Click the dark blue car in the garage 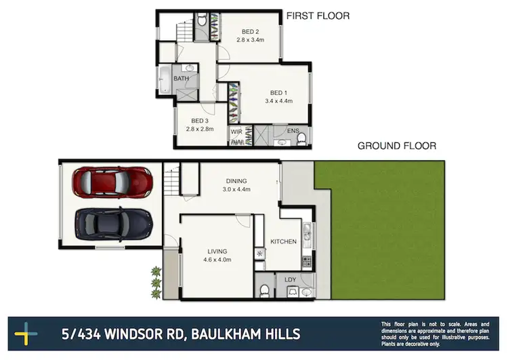tap(113, 222)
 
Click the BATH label tap(181, 79)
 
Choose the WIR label tap(236, 132)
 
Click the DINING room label tap(236, 181)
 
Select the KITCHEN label tap(284, 241)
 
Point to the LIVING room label tap(217, 252)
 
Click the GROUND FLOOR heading tap(397, 145)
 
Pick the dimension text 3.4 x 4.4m tap(278, 101)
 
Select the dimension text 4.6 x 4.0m tap(217, 260)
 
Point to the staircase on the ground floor tap(171, 182)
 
